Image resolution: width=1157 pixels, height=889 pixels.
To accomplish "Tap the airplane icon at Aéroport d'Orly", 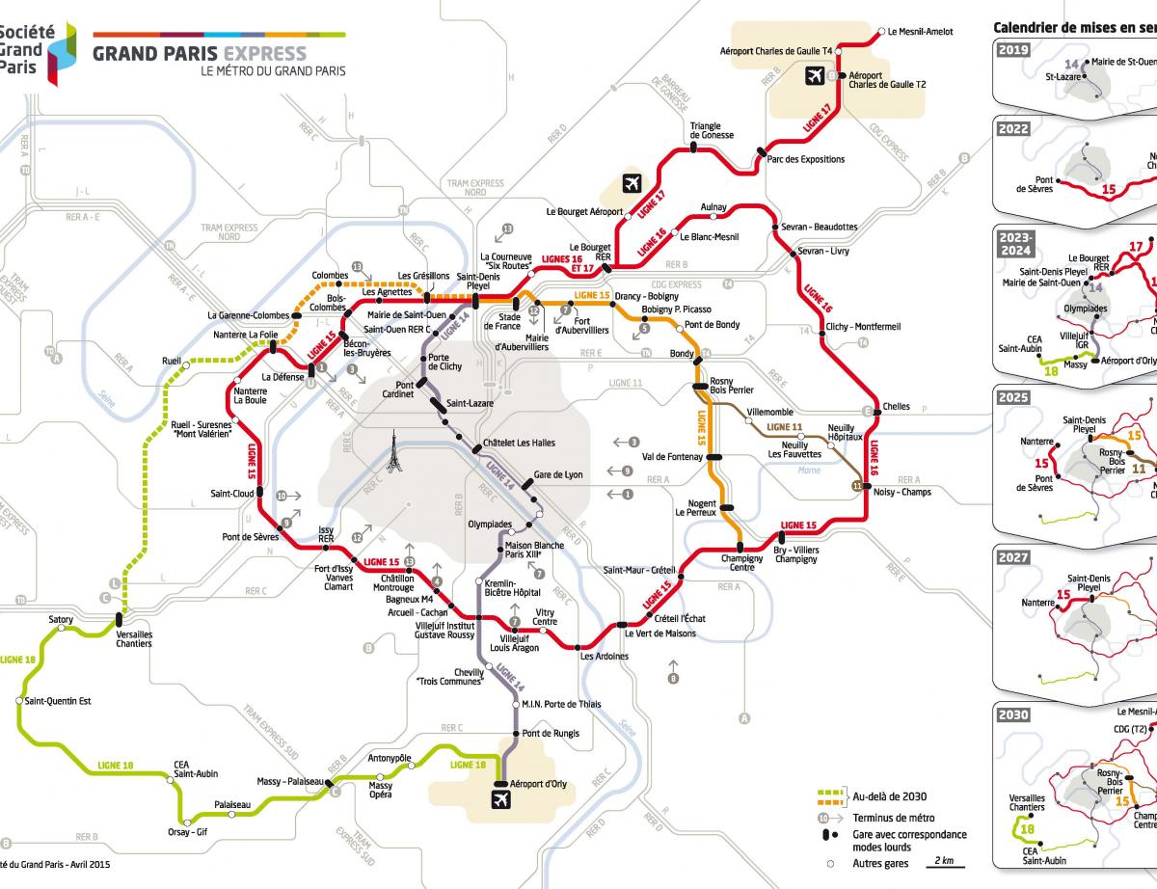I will coord(501,800).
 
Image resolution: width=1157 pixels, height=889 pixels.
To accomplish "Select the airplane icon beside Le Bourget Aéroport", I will coord(632,182).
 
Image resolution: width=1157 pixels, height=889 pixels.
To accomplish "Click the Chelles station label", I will coord(896,407).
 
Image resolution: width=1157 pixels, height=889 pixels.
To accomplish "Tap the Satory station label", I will coord(60,619).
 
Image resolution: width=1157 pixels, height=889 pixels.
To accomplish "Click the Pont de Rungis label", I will coord(551,734).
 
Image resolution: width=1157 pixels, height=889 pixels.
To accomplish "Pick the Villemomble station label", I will coord(769,412).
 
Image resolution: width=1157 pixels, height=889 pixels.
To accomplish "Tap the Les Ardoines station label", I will coord(604,657).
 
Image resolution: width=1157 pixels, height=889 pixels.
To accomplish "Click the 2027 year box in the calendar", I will coord(1014,557).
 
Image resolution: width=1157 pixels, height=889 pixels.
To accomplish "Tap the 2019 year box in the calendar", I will coord(1014,50).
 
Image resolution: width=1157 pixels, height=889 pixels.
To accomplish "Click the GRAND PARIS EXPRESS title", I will coord(200,53).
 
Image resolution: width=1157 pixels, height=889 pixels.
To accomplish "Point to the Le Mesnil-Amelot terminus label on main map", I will coord(920,32).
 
